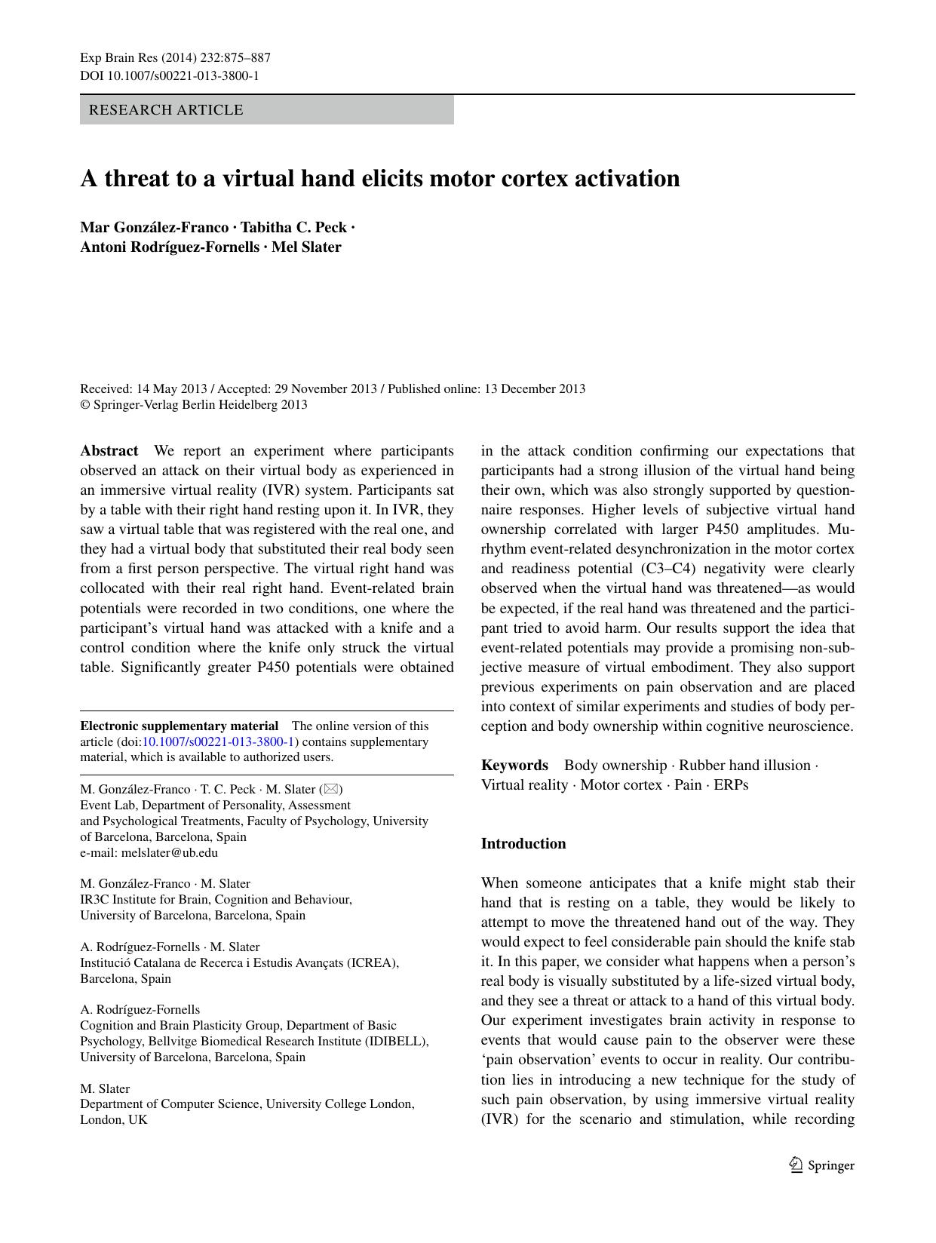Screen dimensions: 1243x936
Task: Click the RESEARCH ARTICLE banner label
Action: [x=166, y=110]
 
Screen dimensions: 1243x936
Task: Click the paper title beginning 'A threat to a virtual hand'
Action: [x=380, y=179]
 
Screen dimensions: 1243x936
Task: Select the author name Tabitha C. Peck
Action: [x=293, y=228]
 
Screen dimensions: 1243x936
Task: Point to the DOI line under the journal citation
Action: [x=169, y=75]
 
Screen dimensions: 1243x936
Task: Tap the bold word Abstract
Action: [x=109, y=451]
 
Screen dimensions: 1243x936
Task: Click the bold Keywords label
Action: [x=514, y=766]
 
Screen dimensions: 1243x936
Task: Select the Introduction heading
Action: [x=523, y=844]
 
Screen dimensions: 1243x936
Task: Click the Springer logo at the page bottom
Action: [x=821, y=1165]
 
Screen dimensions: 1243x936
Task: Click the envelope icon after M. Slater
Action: [x=331, y=790]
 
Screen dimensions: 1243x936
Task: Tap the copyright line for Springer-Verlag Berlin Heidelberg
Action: [x=194, y=405]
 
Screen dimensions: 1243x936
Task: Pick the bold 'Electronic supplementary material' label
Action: [x=179, y=726]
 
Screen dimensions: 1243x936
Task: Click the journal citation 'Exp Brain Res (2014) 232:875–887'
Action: [x=175, y=58]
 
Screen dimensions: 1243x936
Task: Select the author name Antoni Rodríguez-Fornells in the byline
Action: [x=170, y=247]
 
